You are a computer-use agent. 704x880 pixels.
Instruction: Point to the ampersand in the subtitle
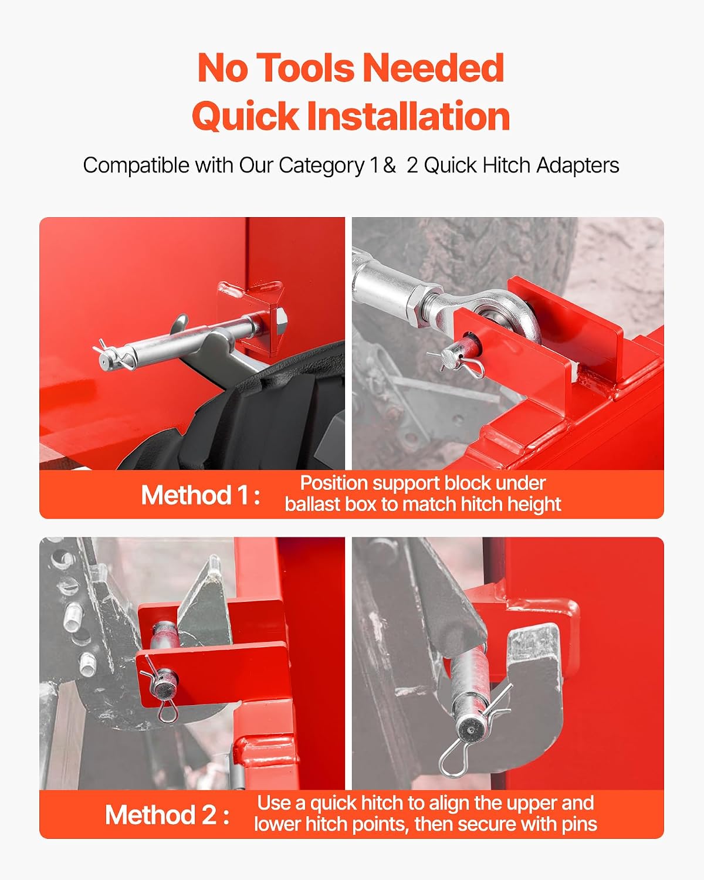coord(389,165)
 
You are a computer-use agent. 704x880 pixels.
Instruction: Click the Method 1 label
coord(201,495)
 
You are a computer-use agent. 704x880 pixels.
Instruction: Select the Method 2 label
coord(167,815)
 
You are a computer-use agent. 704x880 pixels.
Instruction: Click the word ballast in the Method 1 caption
coord(312,504)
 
